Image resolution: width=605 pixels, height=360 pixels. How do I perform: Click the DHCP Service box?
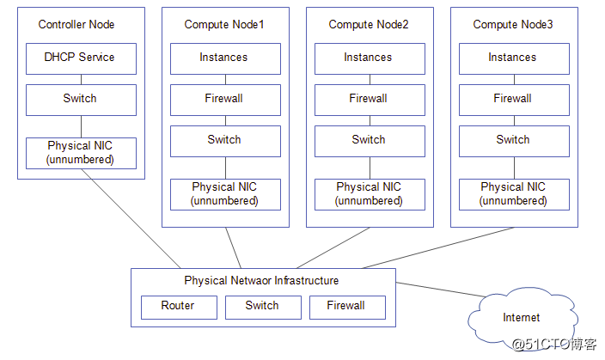pyautogui.click(x=80, y=58)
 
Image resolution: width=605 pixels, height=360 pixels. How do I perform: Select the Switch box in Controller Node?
pyautogui.click(x=80, y=99)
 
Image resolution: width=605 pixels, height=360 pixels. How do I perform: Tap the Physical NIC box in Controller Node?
pyautogui.click(x=80, y=153)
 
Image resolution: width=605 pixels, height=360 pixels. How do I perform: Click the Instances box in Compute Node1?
pyautogui.click(x=224, y=58)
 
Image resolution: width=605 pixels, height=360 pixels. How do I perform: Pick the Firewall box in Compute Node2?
pyautogui.click(x=369, y=99)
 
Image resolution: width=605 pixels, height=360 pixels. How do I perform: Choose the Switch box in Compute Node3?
pyautogui.click(x=513, y=140)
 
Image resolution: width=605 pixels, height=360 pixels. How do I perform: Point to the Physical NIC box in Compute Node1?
pyautogui.click(x=224, y=193)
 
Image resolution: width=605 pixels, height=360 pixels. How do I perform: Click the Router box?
pyautogui.click(x=178, y=306)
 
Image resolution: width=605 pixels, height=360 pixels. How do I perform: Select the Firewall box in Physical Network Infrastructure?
pyautogui.click(x=346, y=306)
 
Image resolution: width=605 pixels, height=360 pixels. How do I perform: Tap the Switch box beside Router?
pyautogui.click(x=262, y=306)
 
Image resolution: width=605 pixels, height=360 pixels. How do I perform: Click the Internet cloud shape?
pyautogui.click(x=521, y=317)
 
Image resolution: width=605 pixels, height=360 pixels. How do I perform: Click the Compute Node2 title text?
pyautogui.click(x=369, y=24)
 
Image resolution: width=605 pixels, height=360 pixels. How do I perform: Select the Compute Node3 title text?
pyautogui.click(x=513, y=24)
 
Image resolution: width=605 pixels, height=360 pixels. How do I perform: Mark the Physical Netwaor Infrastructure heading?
pyautogui.click(x=261, y=281)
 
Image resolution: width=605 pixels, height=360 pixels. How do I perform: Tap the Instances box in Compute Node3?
pyautogui.click(x=513, y=58)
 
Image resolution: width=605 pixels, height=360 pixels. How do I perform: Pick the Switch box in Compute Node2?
pyautogui.click(x=369, y=140)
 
